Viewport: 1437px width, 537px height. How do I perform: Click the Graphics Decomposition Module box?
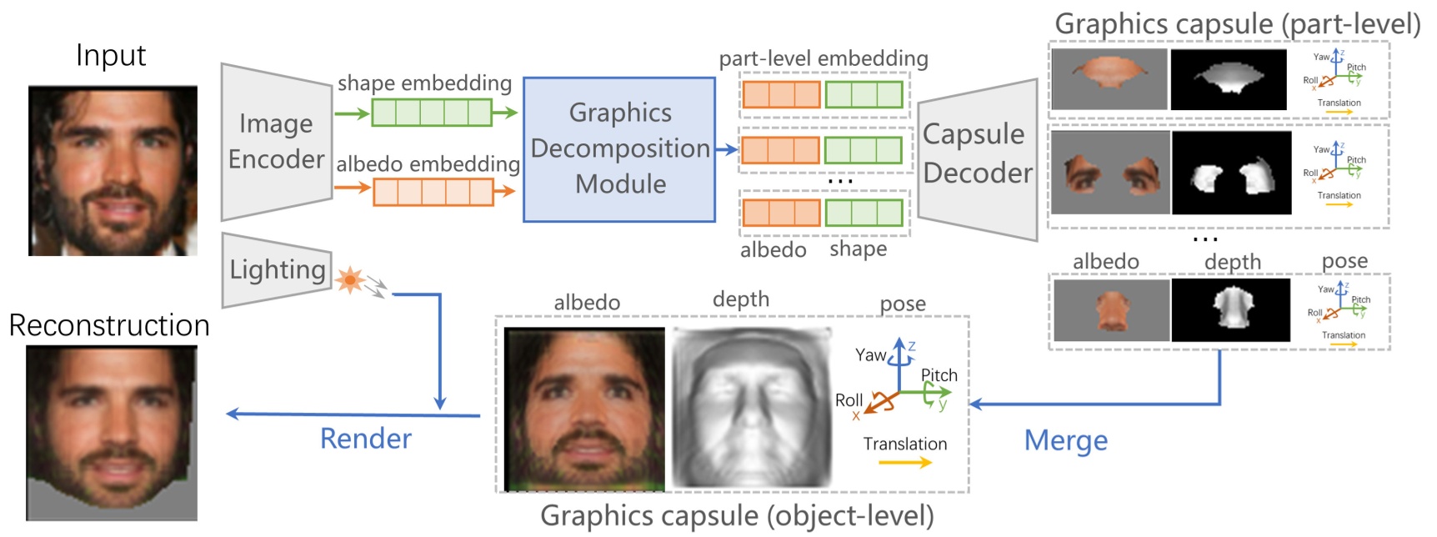point(619,149)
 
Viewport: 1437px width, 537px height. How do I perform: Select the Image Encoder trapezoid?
point(276,142)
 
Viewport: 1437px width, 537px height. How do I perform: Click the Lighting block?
point(277,270)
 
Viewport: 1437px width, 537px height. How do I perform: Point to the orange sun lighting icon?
point(350,279)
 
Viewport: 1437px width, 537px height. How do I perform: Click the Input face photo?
point(113,170)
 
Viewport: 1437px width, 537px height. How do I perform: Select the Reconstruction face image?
point(111,432)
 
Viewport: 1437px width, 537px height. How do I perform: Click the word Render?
point(366,439)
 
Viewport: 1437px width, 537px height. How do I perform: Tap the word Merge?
point(1065,440)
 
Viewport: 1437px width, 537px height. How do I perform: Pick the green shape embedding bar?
point(431,113)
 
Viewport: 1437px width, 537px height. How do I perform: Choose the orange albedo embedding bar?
point(433,192)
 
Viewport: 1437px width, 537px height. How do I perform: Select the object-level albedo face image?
point(584,409)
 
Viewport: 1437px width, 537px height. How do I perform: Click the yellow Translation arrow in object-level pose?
point(904,463)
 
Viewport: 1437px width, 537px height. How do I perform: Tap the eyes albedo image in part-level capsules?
point(1109,173)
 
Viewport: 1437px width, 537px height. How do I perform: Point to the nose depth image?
point(1230,310)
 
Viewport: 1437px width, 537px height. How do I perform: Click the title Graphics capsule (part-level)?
point(1237,24)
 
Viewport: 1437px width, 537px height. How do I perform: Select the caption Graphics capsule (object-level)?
point(737,516)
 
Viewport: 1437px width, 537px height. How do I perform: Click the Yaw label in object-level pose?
point(870,355)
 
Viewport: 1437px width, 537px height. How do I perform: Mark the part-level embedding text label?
point(823,58)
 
